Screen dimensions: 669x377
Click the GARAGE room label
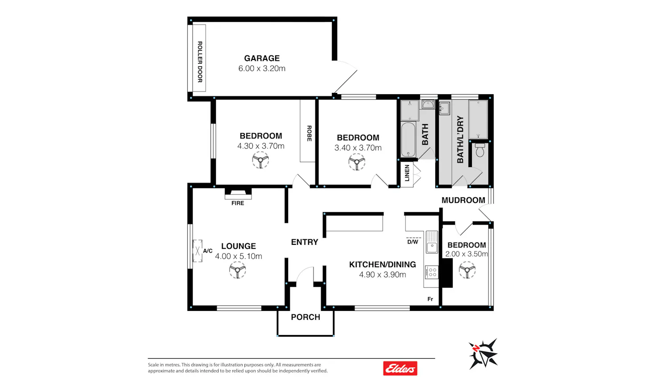262,59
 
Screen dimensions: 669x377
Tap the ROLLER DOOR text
200,62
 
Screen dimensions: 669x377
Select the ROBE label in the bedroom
309,134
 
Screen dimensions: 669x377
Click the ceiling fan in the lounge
237,270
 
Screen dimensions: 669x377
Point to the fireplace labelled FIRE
238,193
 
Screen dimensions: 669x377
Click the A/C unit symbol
198,251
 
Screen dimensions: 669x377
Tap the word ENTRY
305,242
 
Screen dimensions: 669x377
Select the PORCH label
306,317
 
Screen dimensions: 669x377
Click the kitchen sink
432,242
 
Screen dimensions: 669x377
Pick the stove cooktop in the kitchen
432,272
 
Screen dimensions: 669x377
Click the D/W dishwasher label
413,242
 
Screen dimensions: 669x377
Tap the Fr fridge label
430,299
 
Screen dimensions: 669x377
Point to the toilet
480,150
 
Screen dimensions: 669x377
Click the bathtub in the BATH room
408,139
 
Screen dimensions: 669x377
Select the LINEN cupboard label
407,173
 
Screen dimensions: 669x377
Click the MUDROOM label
463,200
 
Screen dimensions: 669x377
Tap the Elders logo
400,368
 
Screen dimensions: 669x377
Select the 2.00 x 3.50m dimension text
467,254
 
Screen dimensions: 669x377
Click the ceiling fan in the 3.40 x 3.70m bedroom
357,162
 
